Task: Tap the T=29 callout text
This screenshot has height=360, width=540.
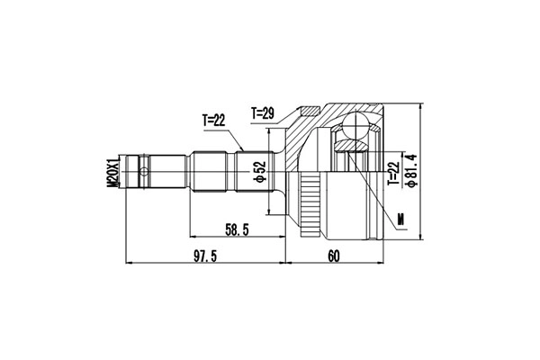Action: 262,113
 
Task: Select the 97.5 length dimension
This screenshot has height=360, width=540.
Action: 204,256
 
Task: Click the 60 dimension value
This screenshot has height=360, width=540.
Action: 334,256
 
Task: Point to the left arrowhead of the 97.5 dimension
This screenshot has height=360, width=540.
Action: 131,264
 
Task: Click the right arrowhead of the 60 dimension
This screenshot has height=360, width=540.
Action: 385,264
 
